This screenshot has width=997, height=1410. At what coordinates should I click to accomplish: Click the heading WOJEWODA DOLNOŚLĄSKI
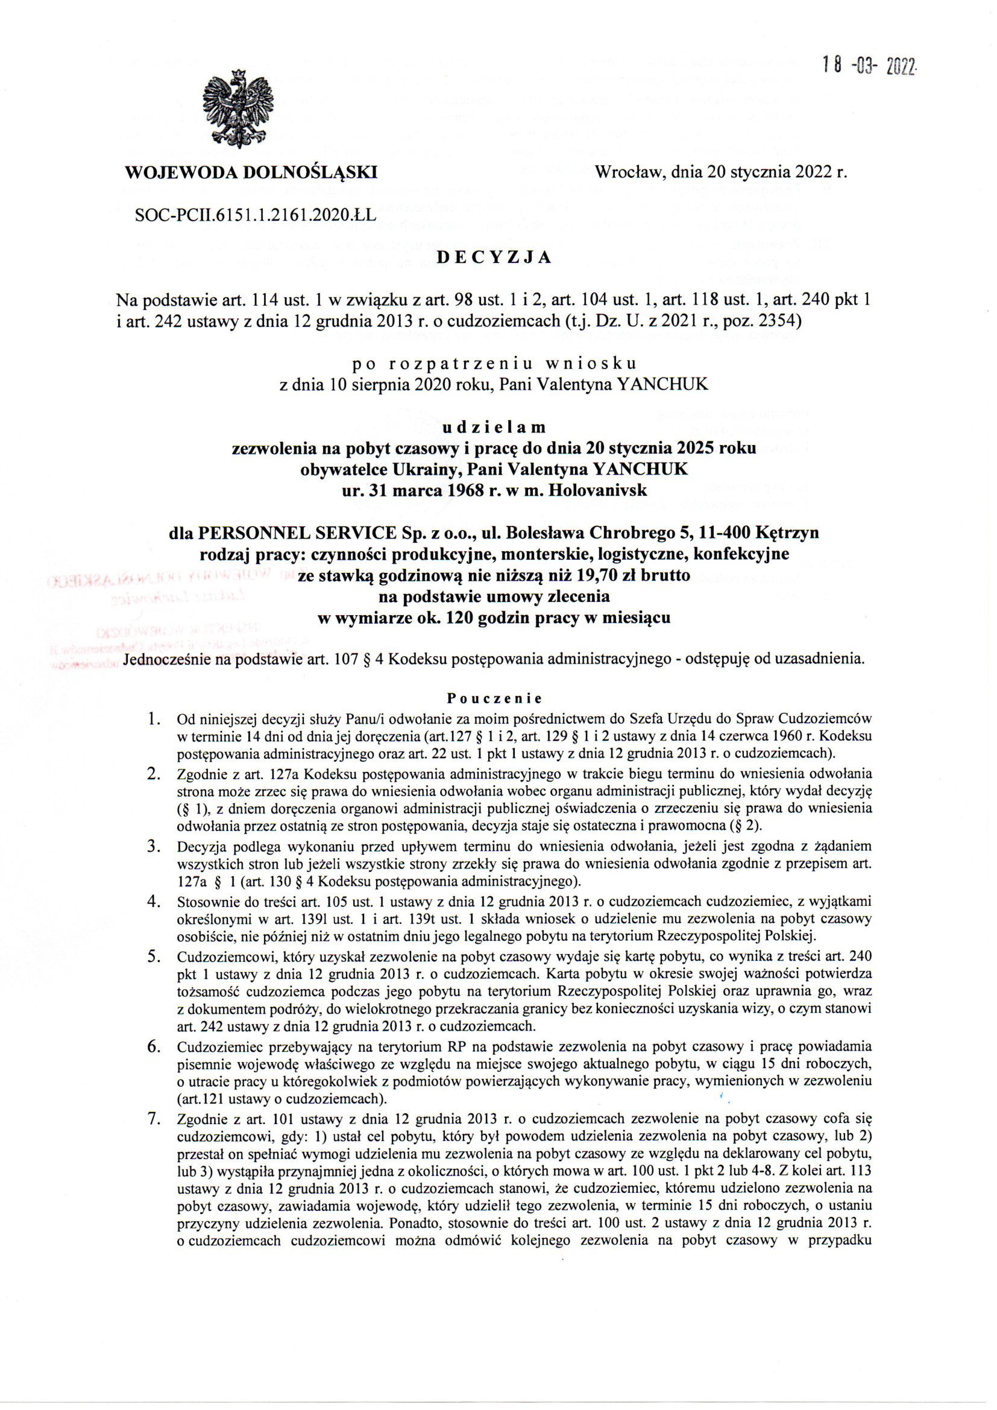(251, 172)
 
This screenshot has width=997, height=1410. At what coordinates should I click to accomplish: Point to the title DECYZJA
(494, 258)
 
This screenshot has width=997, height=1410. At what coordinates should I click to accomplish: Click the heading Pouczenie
(494, 698)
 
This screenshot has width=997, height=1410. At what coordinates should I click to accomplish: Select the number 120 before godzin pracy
(444, 618)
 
